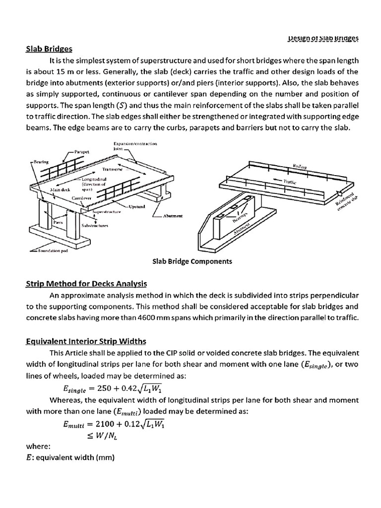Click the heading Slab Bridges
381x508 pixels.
pyautogui.click(x=49, y=49)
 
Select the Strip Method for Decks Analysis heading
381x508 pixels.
pyautogui.click(x=86, y=284)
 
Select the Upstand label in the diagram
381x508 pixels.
pyautogui.click(x=136, y=206)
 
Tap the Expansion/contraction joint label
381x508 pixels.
pyautogui.click(x=135, y=145)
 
